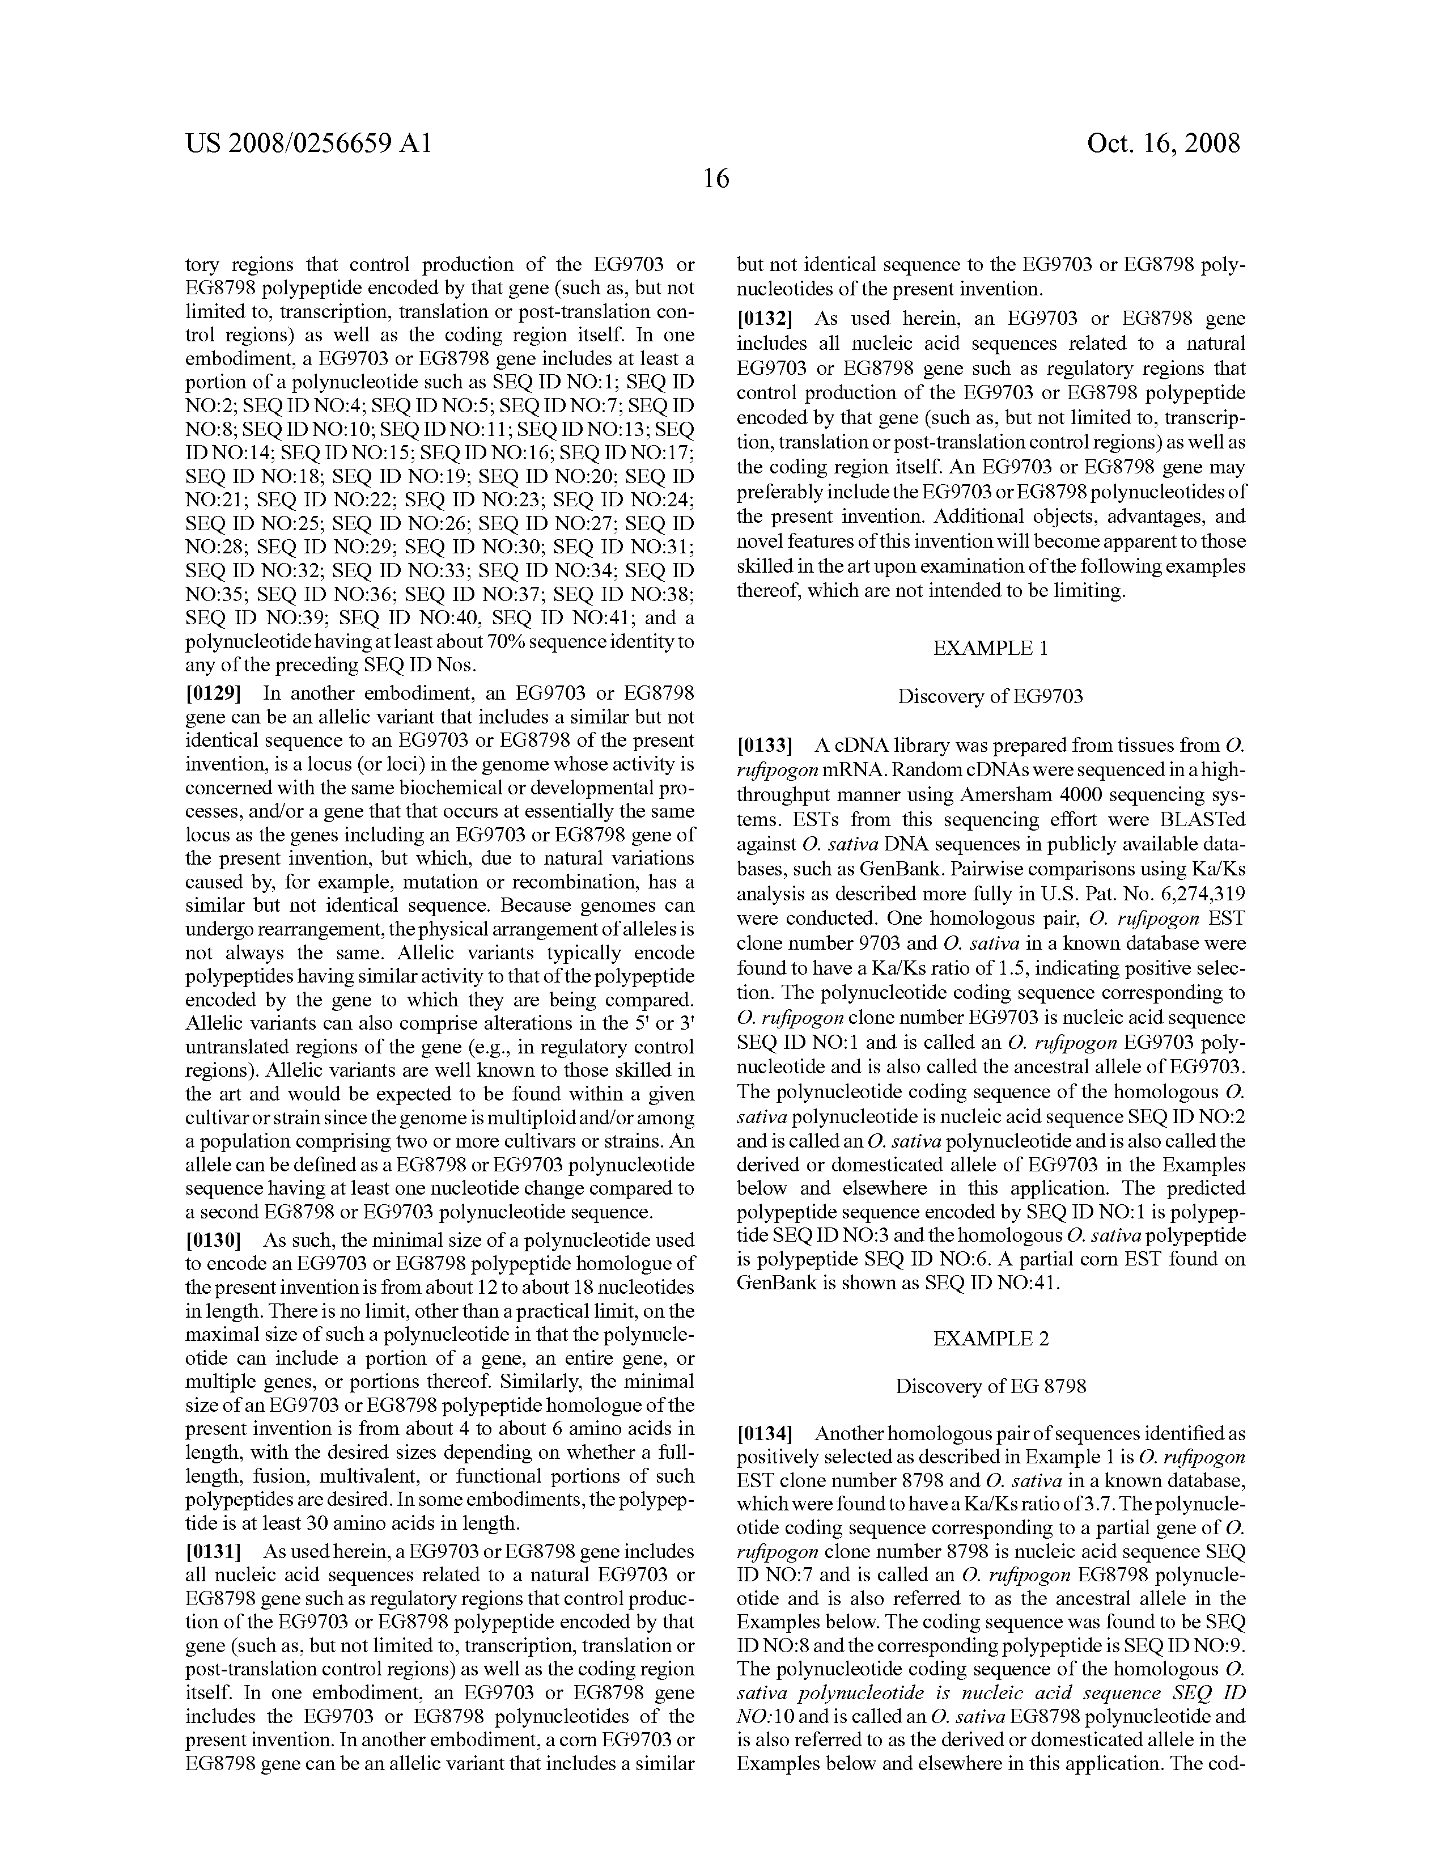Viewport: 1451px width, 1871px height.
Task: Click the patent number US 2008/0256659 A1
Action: pos(308,143)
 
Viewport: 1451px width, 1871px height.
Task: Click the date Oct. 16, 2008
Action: pos(1163,143)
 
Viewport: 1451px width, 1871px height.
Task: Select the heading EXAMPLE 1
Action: pos(990,649)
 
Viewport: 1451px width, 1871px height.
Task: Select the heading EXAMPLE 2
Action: pos(990,1338)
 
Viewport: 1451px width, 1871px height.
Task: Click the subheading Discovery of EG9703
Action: pos(990,696)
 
